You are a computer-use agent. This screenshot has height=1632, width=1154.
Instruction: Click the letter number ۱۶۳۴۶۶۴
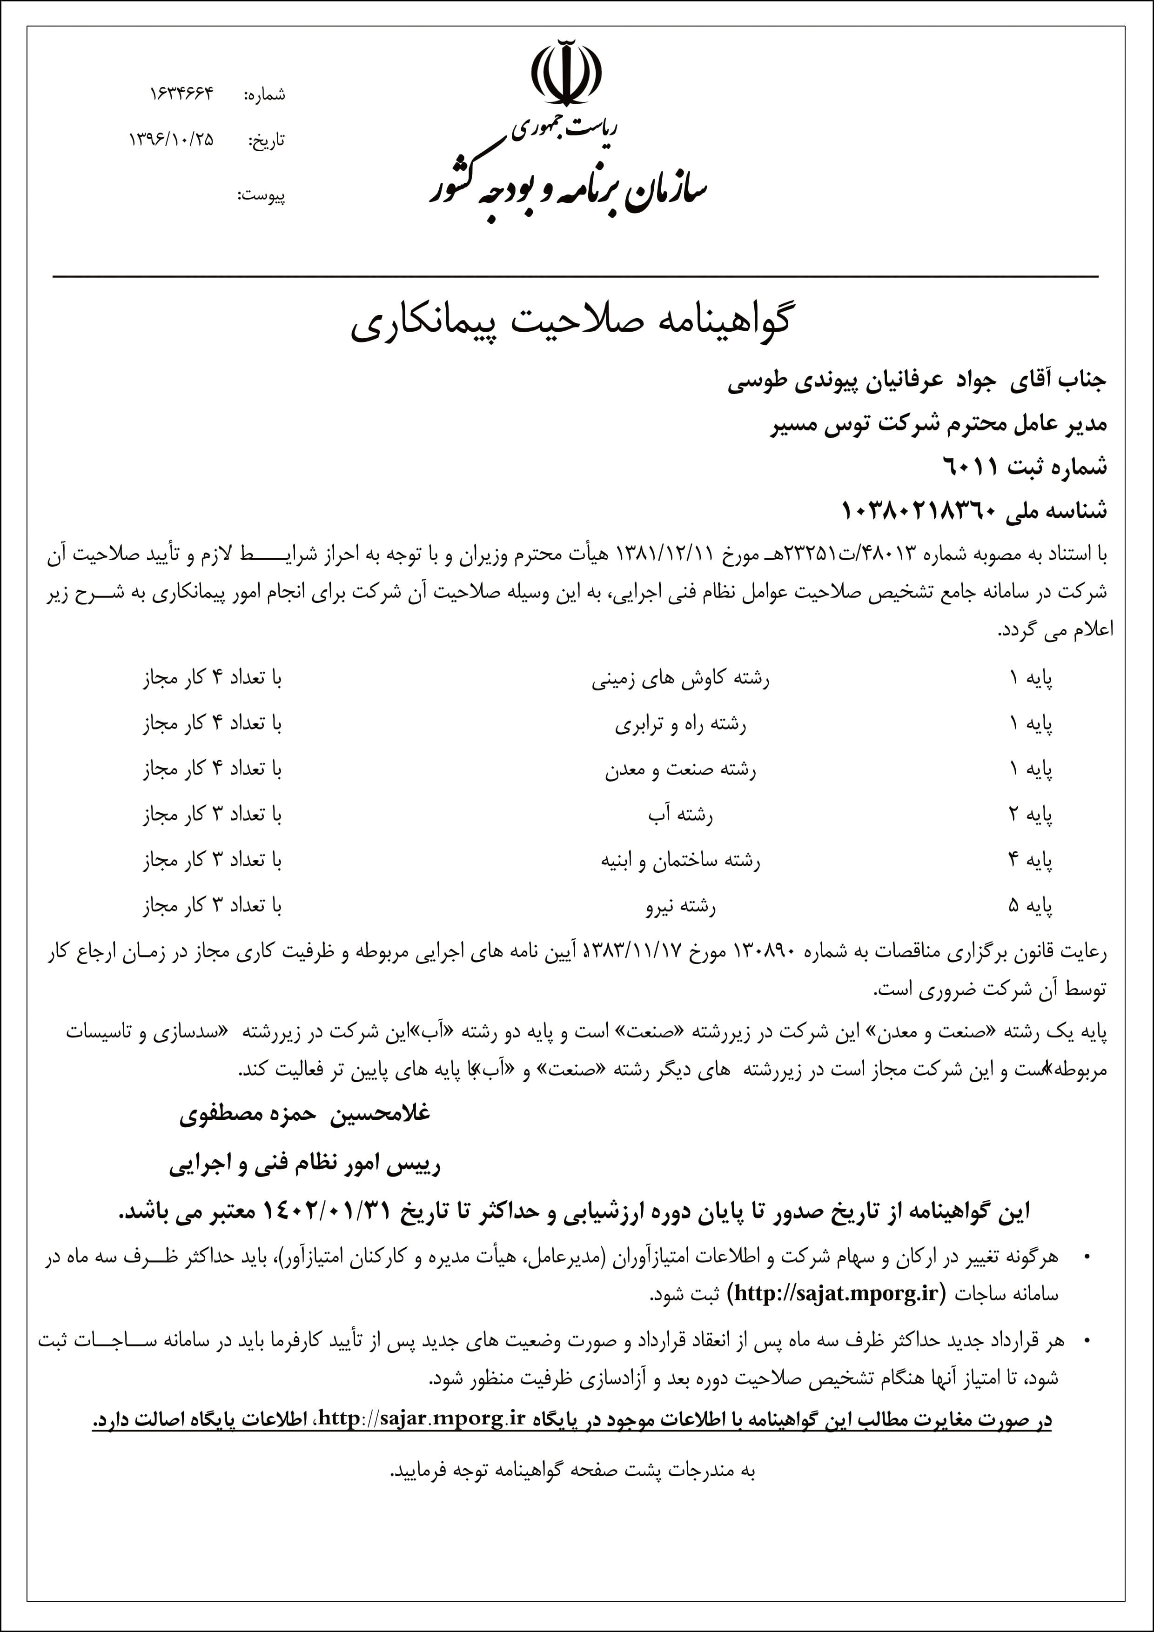[x=181, y=94]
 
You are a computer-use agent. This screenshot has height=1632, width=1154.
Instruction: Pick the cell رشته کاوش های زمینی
[x=680, y=679]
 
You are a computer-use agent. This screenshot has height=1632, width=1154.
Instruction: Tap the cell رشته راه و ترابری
[x=680, y=724]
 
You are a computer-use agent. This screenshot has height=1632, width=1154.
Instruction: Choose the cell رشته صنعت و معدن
[x=680, y=770]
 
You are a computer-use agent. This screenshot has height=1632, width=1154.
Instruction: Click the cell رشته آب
[x=680, y=815]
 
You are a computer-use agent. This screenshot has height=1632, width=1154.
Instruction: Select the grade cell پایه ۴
[x=1030, y=860]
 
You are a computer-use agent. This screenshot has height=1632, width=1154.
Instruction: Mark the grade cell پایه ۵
[x=1030, y=906]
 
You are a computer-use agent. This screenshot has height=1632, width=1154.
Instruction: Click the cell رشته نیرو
[x=680, y=906]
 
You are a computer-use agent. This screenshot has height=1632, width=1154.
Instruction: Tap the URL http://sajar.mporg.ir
[x=423, y=1418]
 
